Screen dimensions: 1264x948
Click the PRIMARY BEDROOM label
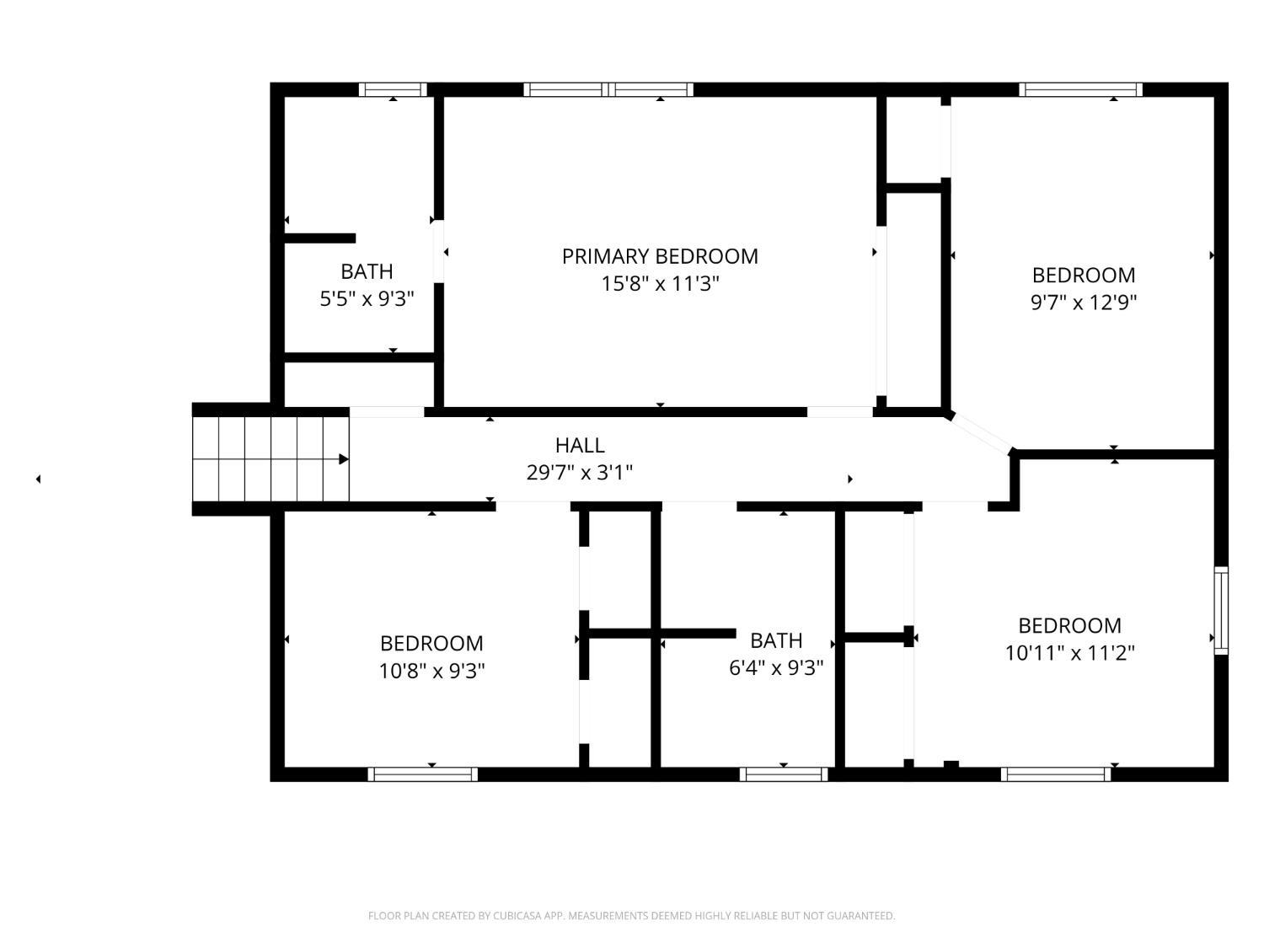(660, 256)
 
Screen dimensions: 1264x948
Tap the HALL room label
(579, 445)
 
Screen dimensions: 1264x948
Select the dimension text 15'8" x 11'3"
(660, 284)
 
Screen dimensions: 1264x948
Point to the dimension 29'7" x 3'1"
(579, 473)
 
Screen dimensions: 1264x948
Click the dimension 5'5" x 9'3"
(367, 299)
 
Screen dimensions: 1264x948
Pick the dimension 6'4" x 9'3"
(776, 667)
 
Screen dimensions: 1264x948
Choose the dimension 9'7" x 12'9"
(1083, 303)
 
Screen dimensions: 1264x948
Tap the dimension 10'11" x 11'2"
(1069, 653)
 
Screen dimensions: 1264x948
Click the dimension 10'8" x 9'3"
(431, 671)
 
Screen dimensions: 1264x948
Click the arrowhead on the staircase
(343, 458)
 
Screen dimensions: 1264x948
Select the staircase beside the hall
(270, 458)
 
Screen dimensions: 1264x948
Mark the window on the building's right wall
(1221, 610)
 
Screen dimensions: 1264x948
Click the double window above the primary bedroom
(608, 90)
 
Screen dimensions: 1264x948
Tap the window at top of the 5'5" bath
(393, 90)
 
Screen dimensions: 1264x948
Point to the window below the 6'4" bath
(783, 774)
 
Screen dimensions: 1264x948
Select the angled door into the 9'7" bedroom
(979, 434)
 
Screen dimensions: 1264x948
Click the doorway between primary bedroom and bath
(438, 251)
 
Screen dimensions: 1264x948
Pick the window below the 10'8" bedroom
(423, 774)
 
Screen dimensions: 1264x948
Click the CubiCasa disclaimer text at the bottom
(632, 915)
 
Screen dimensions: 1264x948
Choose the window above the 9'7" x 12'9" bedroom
(1080, 90)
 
